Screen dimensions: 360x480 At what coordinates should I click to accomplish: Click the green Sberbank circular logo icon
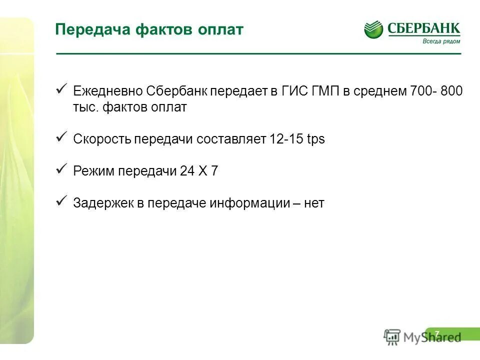[373, 30]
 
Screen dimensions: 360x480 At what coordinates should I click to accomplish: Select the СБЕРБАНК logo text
[423, 28]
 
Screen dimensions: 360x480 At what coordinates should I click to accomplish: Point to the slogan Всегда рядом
[441, 41]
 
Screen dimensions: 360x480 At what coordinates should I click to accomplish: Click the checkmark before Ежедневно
[61, 89]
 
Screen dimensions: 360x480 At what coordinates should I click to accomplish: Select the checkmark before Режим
[61, 169]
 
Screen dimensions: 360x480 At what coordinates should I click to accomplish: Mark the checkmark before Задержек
[61, 201]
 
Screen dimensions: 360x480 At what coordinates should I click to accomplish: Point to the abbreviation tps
[316, 139]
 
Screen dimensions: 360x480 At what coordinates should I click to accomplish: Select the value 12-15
[286, 139]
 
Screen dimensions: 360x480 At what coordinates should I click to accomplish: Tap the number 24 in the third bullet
[186, 171]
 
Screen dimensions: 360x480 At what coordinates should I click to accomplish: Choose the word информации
[250, 203]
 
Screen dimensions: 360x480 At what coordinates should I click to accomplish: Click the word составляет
[231, 139]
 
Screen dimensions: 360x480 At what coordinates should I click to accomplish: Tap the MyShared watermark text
[432, 337]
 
